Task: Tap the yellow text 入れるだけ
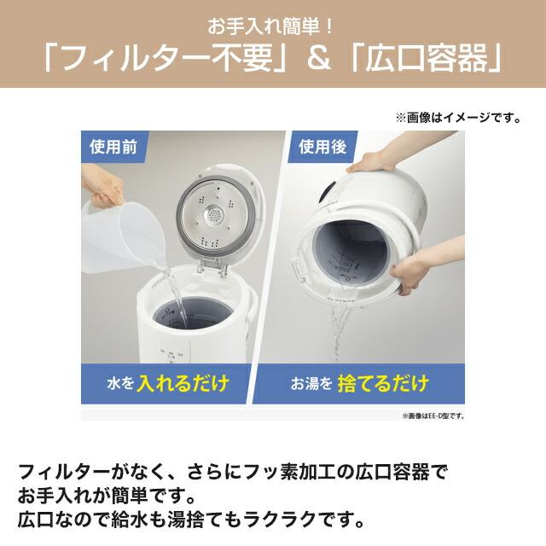(191, 380)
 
